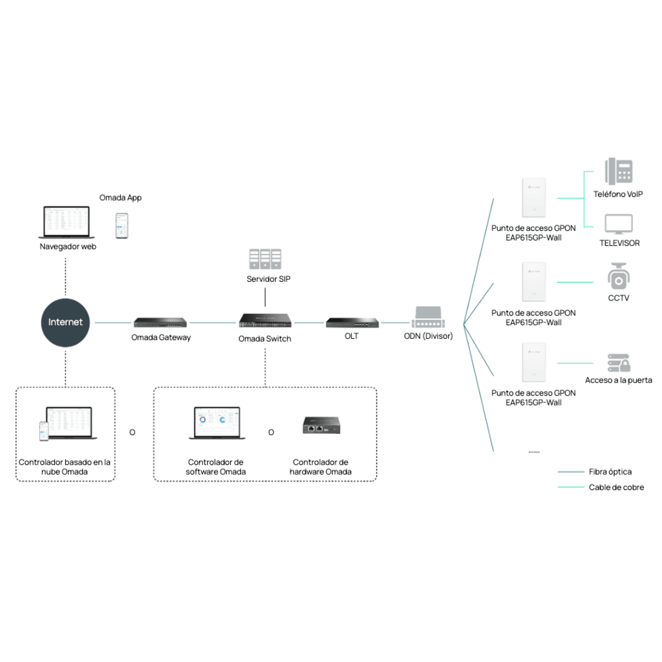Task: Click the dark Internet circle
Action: coord(65,322)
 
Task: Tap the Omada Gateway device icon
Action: coord(161,321)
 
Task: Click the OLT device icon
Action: coord(352,321)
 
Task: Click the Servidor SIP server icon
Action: coord(265,259)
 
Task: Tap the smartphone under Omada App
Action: coord(121,226)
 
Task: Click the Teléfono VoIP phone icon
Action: coord(618,172)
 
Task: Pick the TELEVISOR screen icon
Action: coord(619,224)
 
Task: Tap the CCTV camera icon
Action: coord(618,277)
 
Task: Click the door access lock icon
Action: coord(618,362)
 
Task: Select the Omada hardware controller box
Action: coord(321,425)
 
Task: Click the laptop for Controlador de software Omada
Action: coord(217,423)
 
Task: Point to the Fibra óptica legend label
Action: coord(610,472)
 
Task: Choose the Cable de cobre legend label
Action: coord(616,487)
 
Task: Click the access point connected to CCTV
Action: coord(534,282)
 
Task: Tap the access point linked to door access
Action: coord(534,363)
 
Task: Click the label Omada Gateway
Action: coord(161,337)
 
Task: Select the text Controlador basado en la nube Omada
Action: coord(65,467)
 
